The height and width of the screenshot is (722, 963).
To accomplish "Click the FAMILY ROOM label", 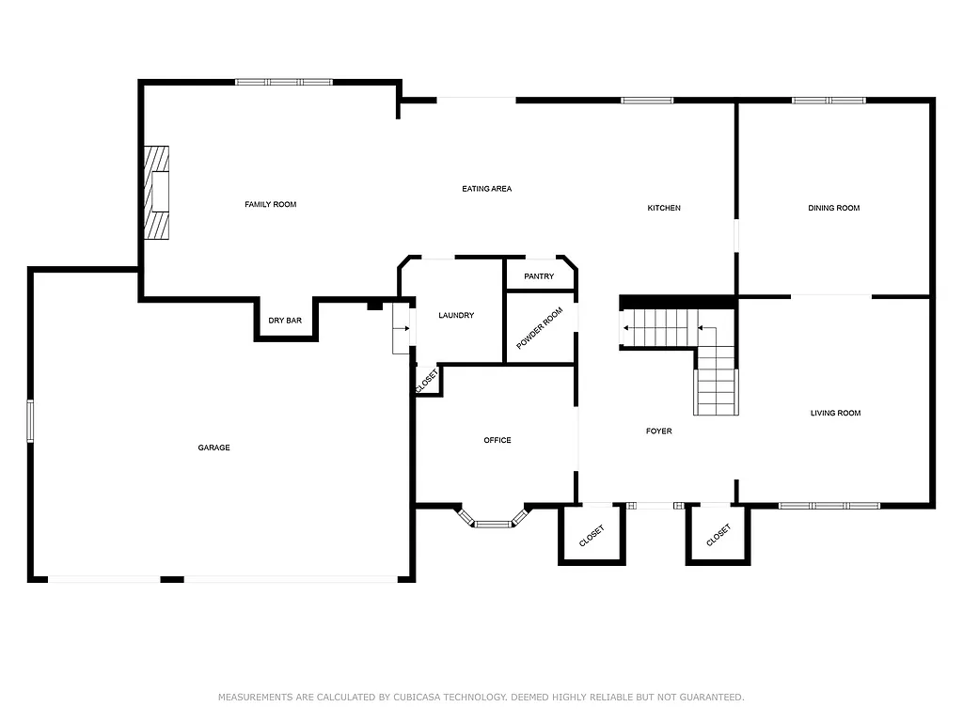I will point(270,204).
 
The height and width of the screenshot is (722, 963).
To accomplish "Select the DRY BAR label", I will point(285,321).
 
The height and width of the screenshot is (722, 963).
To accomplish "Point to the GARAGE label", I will point(213,447).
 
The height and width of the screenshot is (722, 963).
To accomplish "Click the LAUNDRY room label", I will point(456,315).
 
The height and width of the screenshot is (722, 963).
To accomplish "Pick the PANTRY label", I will point(539,276).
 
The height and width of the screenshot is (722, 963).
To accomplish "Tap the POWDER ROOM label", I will point(540,328).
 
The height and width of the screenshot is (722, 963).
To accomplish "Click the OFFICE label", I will point(497,440).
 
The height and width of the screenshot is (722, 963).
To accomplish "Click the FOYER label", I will point(658,432).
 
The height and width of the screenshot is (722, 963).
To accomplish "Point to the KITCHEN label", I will point(663,208).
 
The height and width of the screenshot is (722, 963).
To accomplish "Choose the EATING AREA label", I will point(486,189).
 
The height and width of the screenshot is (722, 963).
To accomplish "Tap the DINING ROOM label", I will point(833,208).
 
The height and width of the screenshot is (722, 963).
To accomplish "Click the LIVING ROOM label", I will point(835,413).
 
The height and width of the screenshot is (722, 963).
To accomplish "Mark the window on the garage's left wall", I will point(30,420).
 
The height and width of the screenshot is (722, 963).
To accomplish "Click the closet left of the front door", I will point(592,535).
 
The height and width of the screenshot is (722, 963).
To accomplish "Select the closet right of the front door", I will point(718,535).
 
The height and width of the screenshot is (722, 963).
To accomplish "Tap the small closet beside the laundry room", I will point(426,381).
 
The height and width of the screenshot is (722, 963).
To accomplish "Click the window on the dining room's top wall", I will point(828,100).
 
